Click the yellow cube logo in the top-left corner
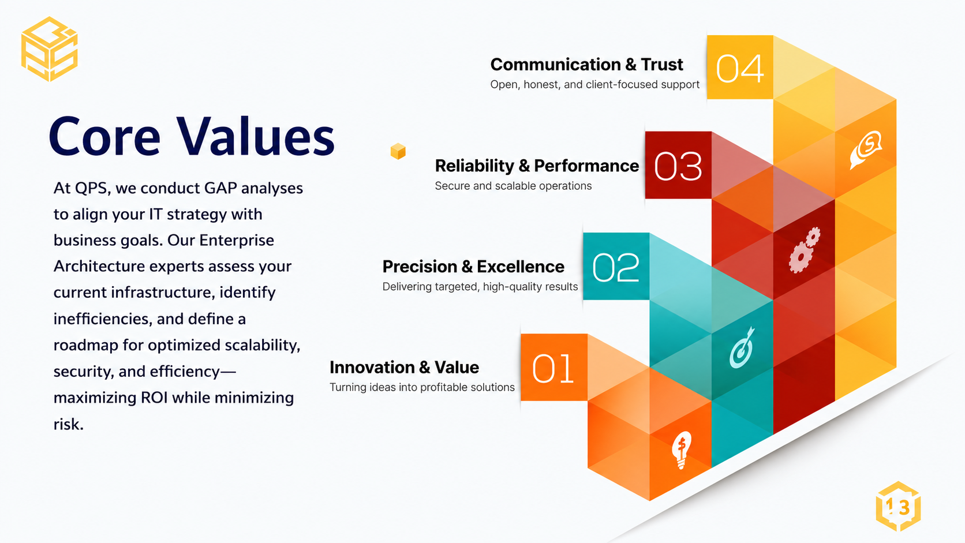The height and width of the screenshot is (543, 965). click(x=50, y=48)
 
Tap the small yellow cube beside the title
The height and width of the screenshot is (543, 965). click(x=398, y=151)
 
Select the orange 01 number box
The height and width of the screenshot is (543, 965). click(x=554, y=368)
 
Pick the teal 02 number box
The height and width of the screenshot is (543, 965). click(x=616, y=266)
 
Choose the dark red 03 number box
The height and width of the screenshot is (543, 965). click(x=678, y=165)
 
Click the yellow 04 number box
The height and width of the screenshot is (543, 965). click(x=740, y=67)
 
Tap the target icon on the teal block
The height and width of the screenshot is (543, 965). click(x=742, y=347)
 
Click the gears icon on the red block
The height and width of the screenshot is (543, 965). click(x=805, y=250)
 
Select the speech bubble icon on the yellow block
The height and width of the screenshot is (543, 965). click(x=866, y=149)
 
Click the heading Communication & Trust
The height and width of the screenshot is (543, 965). click(x=586, y=65)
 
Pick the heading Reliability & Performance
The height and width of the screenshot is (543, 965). click(x=537, y=166)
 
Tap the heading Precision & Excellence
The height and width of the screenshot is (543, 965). click(x=473, y=267)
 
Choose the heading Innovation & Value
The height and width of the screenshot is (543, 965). click(x=404, y=368)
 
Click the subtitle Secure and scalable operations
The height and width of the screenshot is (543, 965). click(x=513, y=186)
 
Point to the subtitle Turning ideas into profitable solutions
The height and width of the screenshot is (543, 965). click(x=422, y=387)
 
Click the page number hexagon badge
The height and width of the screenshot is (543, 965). click(x=898, y=507)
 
